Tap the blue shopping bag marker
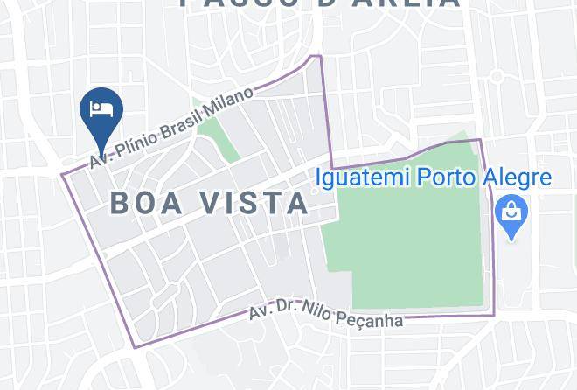point(511,213)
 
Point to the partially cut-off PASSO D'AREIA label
point(319,3)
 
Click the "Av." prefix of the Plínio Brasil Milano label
point(99,162)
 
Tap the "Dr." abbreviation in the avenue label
point(286,308)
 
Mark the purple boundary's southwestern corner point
point(135,347)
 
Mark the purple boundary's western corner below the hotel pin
point(62,173)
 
